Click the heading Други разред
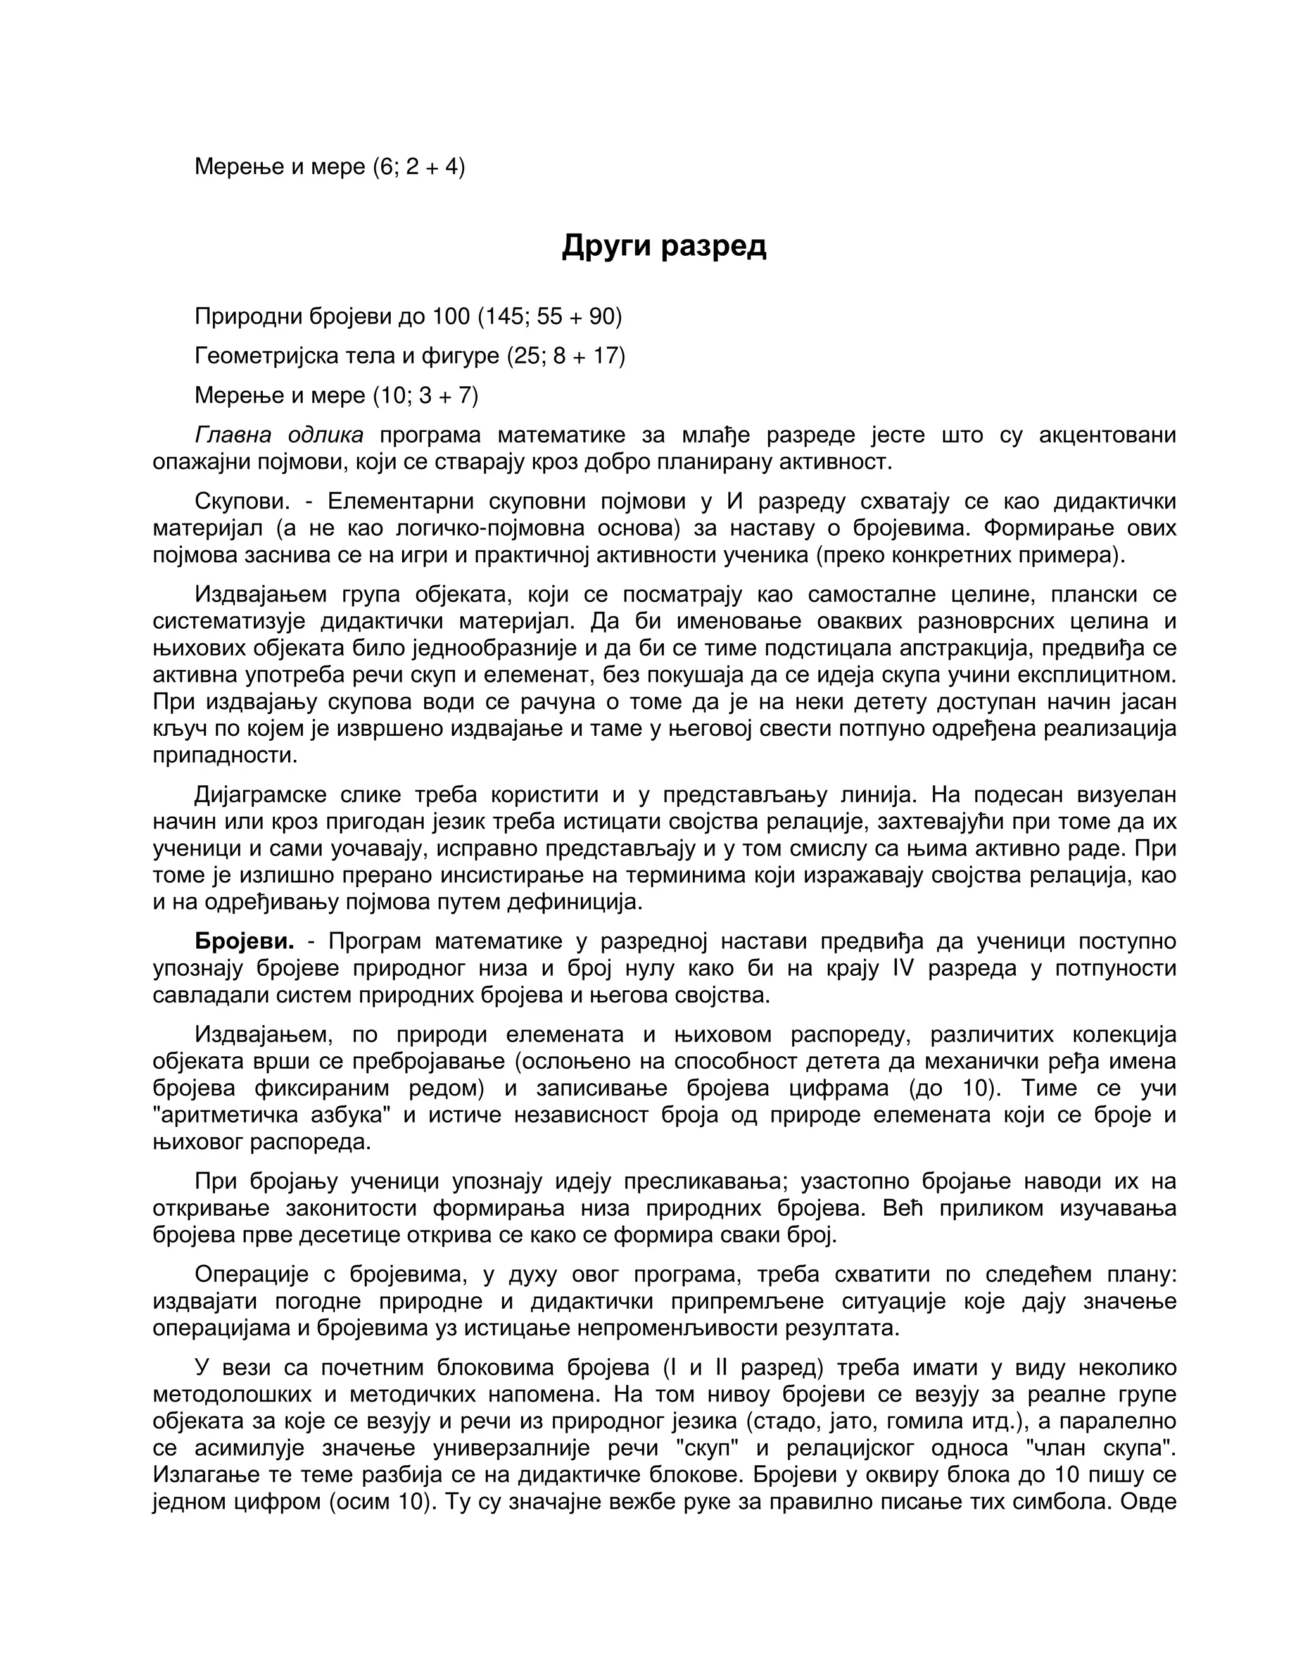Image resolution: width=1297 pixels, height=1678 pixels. [664, 245]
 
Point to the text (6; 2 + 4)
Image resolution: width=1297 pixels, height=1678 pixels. [419, 167]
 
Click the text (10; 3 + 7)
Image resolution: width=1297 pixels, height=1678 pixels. [426, 396]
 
